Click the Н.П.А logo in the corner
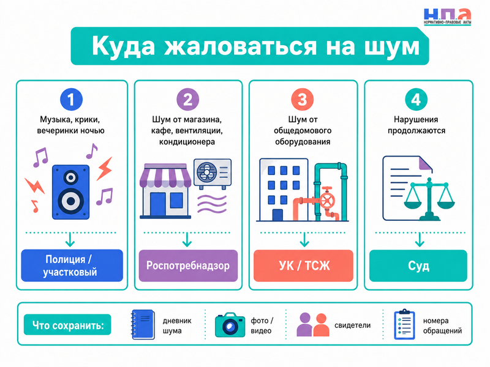coord(447,17)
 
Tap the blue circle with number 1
coord(71,100)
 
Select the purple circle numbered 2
coord(187,100)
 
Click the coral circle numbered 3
coord(302,100)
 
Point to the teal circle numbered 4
coord(417,100)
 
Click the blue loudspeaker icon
coord(70,192)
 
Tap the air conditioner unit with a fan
coord(213,174)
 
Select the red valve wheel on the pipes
coord(327,200)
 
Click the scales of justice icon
coord(429,198)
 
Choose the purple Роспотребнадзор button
coord(188,265)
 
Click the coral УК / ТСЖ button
coord(303,265)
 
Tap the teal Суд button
coord(418,265)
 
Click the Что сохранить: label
coord(67,325)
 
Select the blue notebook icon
coord(143,325)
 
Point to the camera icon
coord(230,325)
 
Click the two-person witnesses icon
coord(313,325)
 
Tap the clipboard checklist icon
coord(404,325)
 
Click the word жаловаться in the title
coord(241,46)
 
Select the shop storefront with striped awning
coord(165,190)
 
